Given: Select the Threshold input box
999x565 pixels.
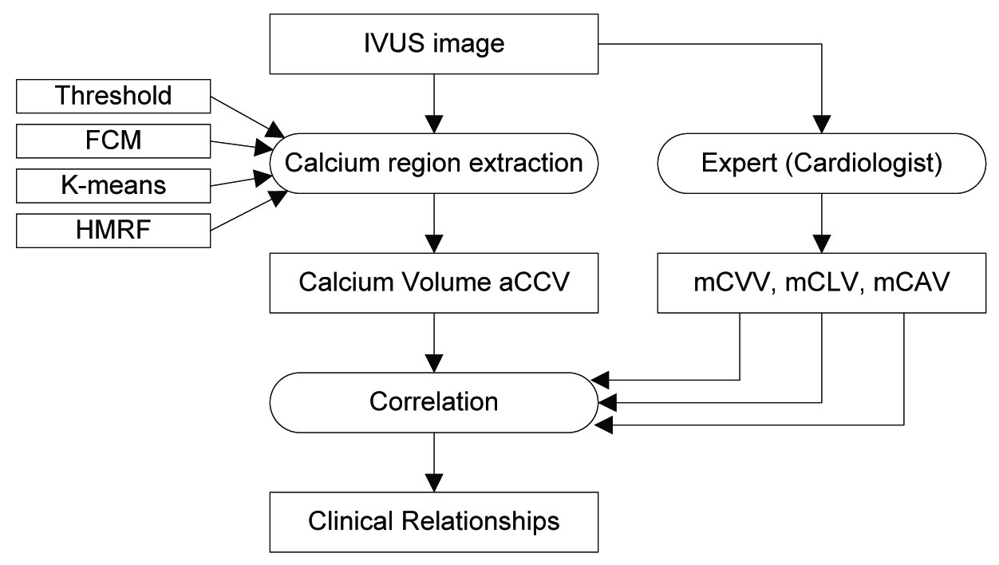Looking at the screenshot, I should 113,97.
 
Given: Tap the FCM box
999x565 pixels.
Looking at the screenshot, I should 113,141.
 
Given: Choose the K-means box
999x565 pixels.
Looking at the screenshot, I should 113,185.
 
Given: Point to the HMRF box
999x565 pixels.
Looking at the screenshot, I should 113,230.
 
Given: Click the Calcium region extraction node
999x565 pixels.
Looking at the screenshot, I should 433,163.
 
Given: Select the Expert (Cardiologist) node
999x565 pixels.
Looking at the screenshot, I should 820,163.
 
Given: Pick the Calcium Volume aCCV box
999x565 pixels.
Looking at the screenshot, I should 433,282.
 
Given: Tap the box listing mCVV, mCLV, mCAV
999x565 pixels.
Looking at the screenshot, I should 820,282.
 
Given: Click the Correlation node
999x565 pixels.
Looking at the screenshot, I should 433,402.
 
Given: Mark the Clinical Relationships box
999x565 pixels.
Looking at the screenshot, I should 433,523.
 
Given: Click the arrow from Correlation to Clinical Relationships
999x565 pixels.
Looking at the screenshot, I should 433,462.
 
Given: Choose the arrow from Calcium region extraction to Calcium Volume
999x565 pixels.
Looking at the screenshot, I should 433,223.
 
